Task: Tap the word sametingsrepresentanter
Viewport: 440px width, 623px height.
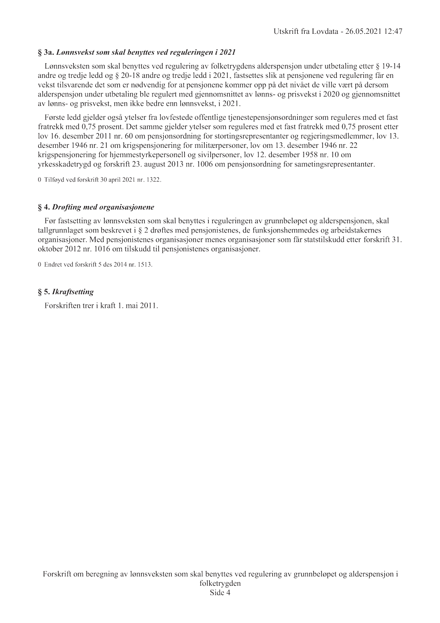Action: pos(336,164)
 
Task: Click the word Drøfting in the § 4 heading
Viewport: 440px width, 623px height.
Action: pos(67,207)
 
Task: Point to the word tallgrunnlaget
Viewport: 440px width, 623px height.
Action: pos(60,230)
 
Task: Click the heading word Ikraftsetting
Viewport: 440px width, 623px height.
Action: pos(73,292)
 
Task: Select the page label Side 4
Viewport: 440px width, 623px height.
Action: pos(220,593)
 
